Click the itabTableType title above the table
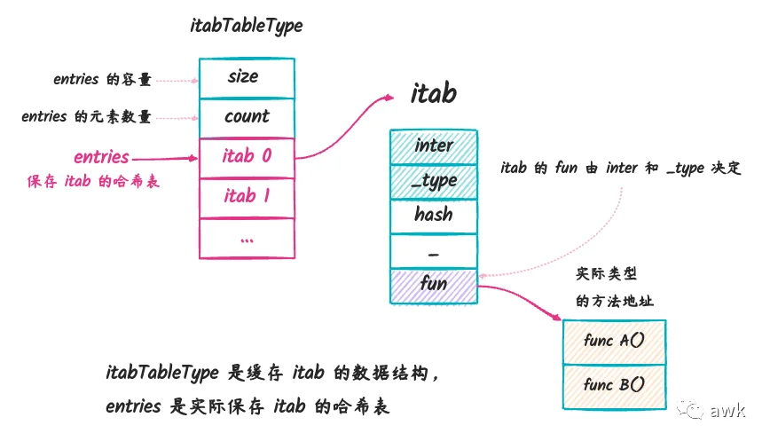point(246,26)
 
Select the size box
point(247,78)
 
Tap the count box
point(247,118)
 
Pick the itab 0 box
point(247,158)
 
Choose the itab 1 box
point(247,197)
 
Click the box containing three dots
point(247,238)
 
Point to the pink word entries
point(101,157)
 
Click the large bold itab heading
point(434,93)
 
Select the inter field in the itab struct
point(434,146)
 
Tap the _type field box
point(434,182)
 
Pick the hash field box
point(434,217)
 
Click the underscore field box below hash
point(434,251)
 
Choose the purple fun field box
point(434,287)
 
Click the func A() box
point(615,343)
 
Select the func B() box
point(615,387)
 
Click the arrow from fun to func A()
point(521,297)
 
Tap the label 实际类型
point(607,273)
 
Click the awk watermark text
point(727,410)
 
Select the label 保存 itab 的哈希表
point(93,182)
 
